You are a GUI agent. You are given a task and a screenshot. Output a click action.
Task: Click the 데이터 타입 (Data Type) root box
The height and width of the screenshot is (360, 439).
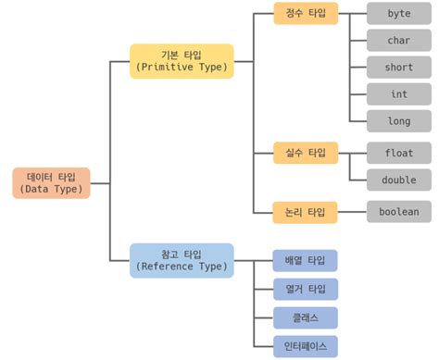coord(52,182)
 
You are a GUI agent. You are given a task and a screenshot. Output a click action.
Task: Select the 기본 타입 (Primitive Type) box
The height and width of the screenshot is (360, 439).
coord(182,60)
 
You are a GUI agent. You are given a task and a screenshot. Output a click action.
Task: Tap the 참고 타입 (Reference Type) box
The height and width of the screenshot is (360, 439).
coord(182,259)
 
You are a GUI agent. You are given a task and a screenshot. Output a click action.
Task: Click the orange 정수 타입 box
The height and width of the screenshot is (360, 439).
coord(306,14)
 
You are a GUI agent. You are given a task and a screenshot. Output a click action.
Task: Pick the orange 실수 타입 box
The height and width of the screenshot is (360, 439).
coord(306,152)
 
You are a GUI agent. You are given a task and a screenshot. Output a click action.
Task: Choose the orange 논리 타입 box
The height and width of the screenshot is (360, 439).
coord(306,212)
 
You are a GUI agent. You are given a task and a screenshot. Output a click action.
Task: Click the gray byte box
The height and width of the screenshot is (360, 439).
coord(399,14)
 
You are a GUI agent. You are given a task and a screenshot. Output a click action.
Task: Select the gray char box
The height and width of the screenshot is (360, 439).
coord(399,40)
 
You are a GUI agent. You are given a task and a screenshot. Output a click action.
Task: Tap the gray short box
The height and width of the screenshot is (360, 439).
coord(399,67)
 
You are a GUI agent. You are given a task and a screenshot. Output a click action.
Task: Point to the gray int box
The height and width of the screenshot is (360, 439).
coord(399,93)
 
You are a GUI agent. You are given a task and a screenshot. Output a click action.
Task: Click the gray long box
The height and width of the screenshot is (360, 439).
coord(399,120)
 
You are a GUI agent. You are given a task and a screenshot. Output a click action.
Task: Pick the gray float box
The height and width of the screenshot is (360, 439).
coord(399,152)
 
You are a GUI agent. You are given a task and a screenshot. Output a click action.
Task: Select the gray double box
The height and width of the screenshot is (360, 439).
coord(399,179)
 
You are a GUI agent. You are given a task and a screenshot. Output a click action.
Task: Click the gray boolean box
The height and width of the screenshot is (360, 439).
coord(399,212)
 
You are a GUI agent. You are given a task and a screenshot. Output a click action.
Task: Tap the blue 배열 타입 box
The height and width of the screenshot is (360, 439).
coord(306,260)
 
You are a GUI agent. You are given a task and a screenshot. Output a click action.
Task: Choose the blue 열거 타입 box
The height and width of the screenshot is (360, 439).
coord(306,289)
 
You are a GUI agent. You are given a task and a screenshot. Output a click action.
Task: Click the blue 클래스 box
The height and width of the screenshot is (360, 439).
coord(306,317)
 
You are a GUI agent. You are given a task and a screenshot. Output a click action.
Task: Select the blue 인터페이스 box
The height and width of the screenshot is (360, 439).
coord(306,347)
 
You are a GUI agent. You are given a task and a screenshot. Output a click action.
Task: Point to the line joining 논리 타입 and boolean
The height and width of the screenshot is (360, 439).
coord(352,212)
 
